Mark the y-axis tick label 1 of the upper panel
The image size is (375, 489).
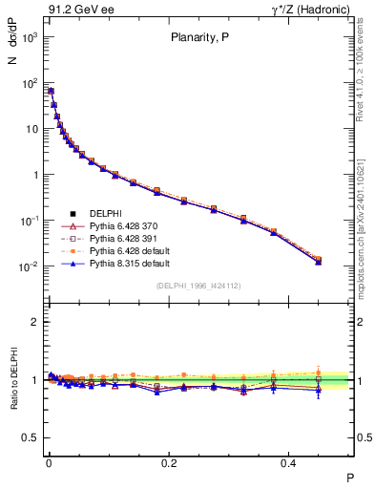click(x=33, y=175)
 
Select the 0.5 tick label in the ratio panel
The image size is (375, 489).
click(x=29, y=437)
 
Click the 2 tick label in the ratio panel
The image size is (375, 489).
click(x=33, y=322)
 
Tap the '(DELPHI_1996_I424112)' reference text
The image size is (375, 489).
click(x=199, y=286)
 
